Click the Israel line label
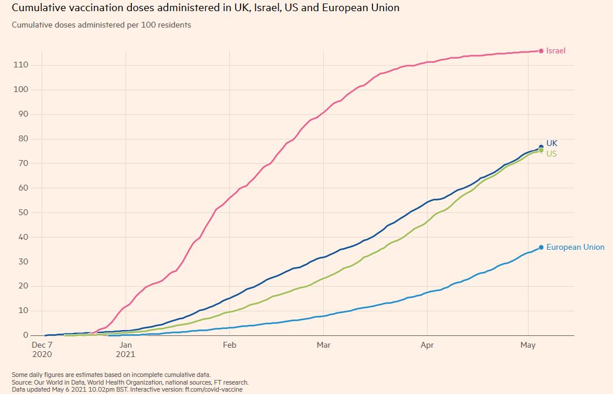(x=556, y=51)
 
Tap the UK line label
(x=552, y=143)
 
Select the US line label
(x=551, y=154)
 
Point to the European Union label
(x=575, y=247)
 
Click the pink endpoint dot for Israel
(x=541, y=51)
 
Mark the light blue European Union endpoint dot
(x=541, y=247)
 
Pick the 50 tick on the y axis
(x=22, y=213)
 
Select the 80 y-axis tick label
(x=22, y=139)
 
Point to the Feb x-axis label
(x=229, y=345)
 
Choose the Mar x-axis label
(x=323, y=345)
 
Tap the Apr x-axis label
(x=427, y=345)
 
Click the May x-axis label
(x=529, y=345)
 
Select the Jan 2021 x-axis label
(x=126, y=350)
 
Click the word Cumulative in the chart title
(x=39, y=8)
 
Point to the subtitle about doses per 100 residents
(x=101, y=25)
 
